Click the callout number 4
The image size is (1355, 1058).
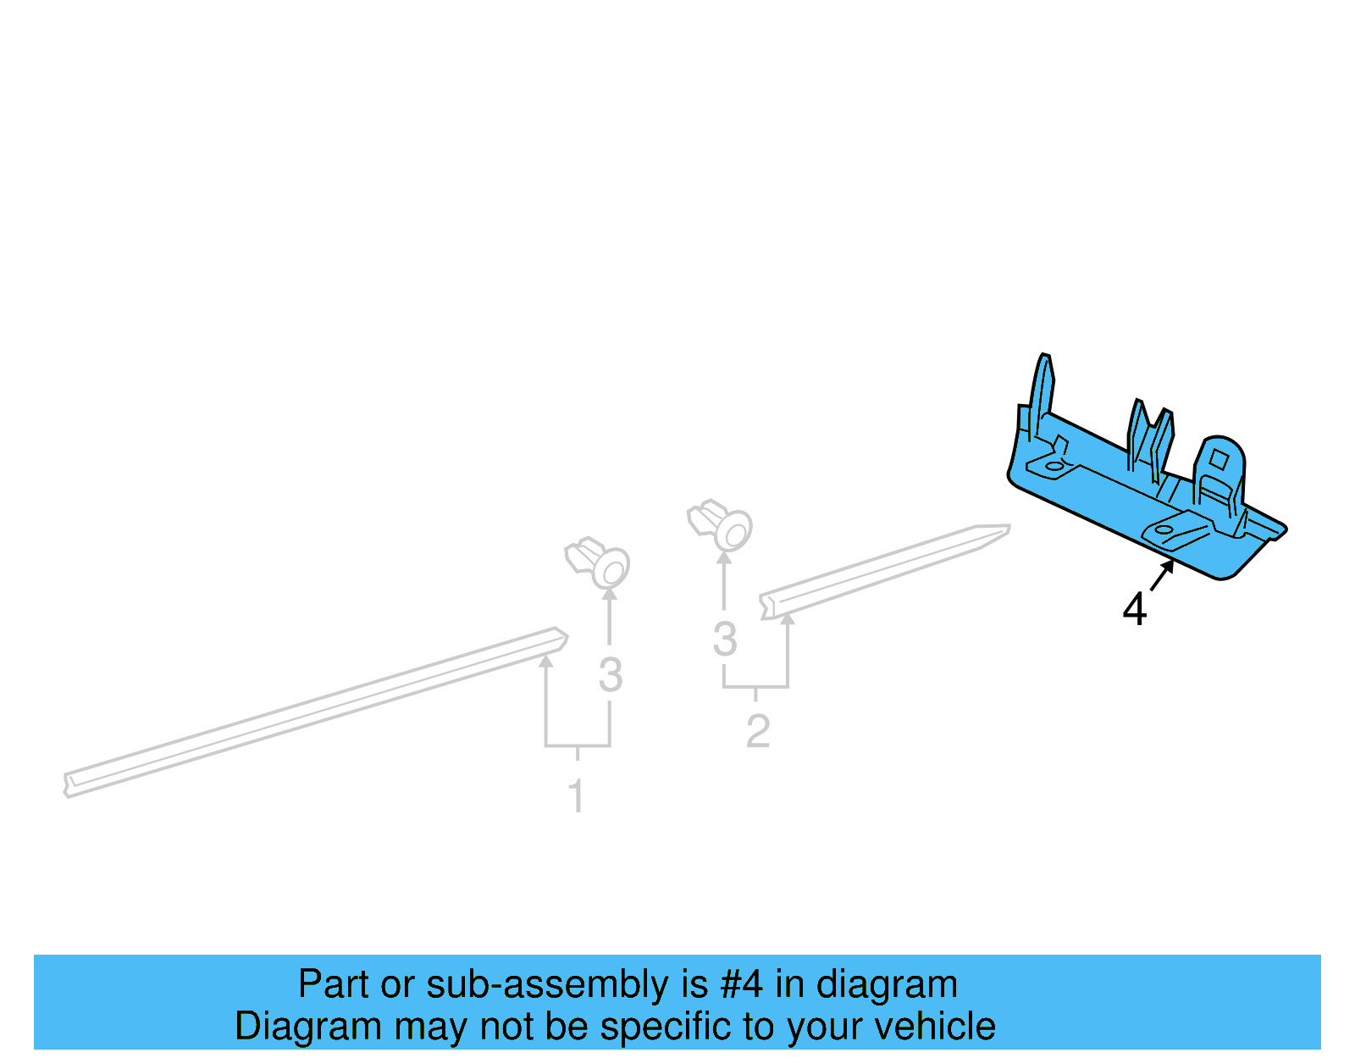click(x=1134, y=609)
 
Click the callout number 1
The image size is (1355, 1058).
click(x=577, y=796)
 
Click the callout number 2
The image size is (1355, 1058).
click(x=757, y=731)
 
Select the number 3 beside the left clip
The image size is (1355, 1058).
click(x=610, y=675)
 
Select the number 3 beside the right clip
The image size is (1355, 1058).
click(x=724, y=640)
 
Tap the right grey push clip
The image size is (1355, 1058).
click(x=721, y=524)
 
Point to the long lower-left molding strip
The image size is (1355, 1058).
click(x=313, y=712)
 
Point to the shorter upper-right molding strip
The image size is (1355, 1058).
click(x=885, y=570)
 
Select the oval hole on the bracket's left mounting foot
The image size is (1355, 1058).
click(x=1054, y=465)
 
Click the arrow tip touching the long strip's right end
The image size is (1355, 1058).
click(x=546, y=658)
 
